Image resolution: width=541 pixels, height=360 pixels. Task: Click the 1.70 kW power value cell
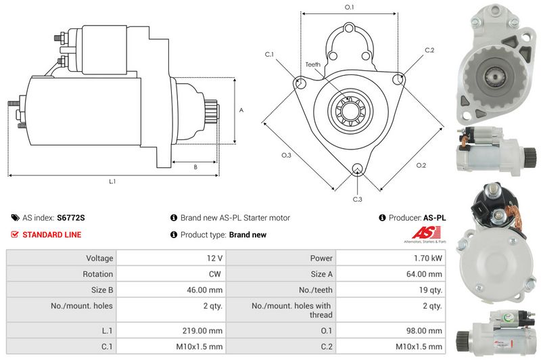pyautogui.click(x=428, y=258)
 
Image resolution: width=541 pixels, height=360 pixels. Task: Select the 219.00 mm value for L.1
pyautogui.click(x=202, y=331)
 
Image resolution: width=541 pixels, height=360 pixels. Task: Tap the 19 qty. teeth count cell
pyautogui.click(x=430, y=290)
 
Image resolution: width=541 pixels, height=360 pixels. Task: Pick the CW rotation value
pyautogui.click(x=214, y=274)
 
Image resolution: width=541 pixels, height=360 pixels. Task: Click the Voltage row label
pyautogui.click(x=99, y=258)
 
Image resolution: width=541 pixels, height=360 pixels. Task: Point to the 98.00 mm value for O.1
pyautogui.click(x=424, y=331)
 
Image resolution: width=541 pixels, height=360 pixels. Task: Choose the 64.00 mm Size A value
pyautogui.click(x=424, y=274)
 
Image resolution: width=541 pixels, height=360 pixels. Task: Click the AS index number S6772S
pyautogui.click(x=71, y=218)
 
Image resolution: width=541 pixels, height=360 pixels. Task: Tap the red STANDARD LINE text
pyautogui.click(x=52, y=235)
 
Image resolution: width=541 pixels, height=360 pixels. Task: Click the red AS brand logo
pyautogui.click(x=427, y=233)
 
